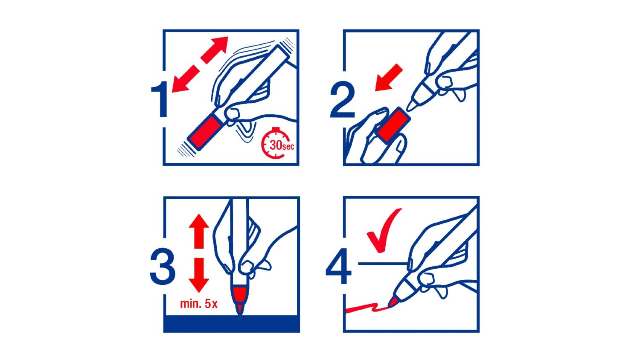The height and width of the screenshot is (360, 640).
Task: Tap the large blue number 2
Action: click(x=342, y=99)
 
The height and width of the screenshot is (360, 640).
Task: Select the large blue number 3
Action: click(x=162, y=266)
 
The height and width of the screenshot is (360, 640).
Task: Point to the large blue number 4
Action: click(x=339, y=266)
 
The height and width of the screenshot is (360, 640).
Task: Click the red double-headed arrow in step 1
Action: click(x=200, y=64)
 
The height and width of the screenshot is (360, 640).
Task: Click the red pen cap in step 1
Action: click(x=205, y=132)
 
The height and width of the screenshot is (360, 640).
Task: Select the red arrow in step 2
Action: click(x=389, y=78)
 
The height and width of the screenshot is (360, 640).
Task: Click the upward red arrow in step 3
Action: click(x=199, y=231)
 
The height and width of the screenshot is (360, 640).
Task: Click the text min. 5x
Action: click(x=199, y=304)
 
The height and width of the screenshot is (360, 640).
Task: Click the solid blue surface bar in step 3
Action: click(x=231, y=324)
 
